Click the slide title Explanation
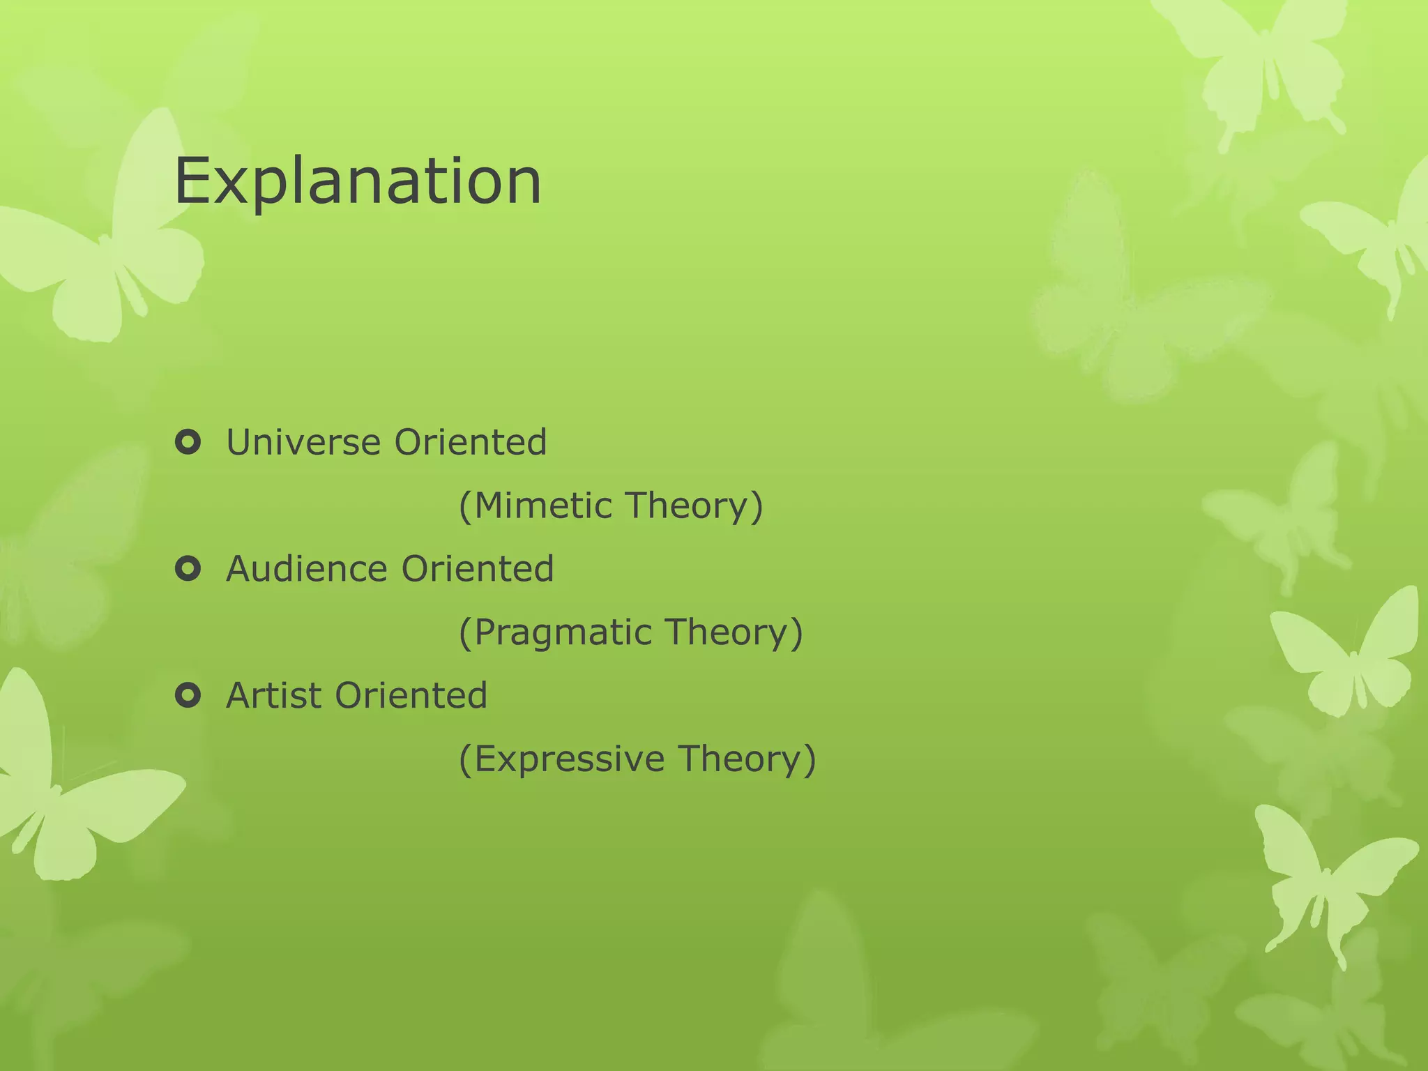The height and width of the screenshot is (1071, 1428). pyautogui.click(x=358, y=181)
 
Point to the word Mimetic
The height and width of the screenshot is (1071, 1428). pyautogui.click(x=543, y=506)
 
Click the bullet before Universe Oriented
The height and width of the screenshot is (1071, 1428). pyautogui.click(x=188, y=442)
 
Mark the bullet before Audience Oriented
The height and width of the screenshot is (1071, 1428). pyautogui.click(x=188, y=569)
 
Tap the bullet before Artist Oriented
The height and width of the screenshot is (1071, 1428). pyautogui.click(x=188, y=695)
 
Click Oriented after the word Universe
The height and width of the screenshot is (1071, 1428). pyautogui.click(x=471, y=442)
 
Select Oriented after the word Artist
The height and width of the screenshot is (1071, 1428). pyautogui.click(x=411, y=695)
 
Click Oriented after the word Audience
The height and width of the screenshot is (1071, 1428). pyautogui.click(x=478, y=568)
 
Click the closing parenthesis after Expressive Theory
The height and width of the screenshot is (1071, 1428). pyautogui.click(x=810, y=759)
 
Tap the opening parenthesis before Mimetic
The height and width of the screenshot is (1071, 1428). pyautogui.click(x=465, y=506)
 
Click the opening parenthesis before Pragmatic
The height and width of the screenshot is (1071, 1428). pyautogui.click(x=465, y=632)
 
